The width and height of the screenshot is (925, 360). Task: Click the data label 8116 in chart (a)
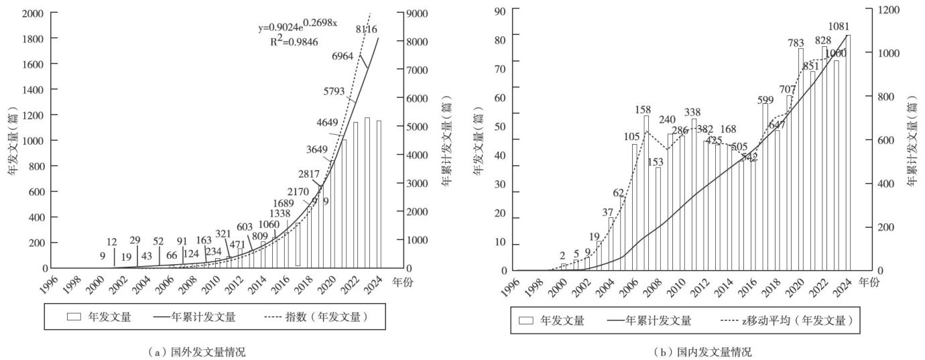point(365,29)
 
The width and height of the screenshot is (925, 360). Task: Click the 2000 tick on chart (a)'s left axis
point(30,13)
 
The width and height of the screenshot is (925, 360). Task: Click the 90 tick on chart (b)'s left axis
point(499,10)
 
